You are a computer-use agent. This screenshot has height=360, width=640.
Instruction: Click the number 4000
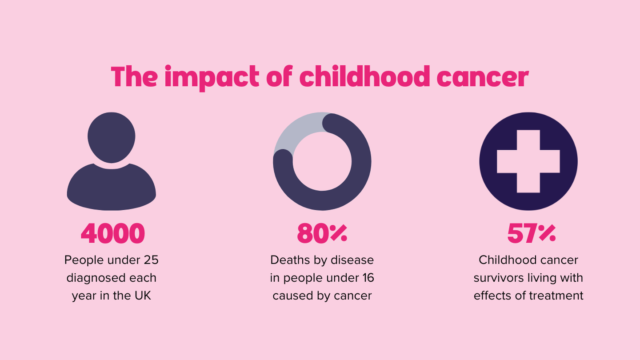[x=113, y=234]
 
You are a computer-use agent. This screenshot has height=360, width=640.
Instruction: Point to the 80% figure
[x=322, y=234]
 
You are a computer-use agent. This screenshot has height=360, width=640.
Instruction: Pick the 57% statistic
[x=531, y=234]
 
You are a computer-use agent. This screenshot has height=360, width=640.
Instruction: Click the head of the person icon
[x=111, y=137]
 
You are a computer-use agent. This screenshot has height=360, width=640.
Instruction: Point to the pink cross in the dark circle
[x=528, y=161]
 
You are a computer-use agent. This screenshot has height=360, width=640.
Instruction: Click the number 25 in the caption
[x=150, y=260]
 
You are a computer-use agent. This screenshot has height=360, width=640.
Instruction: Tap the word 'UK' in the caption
[x=142, y=296]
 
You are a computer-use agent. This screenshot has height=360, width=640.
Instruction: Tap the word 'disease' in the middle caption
[x=355, y=260]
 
